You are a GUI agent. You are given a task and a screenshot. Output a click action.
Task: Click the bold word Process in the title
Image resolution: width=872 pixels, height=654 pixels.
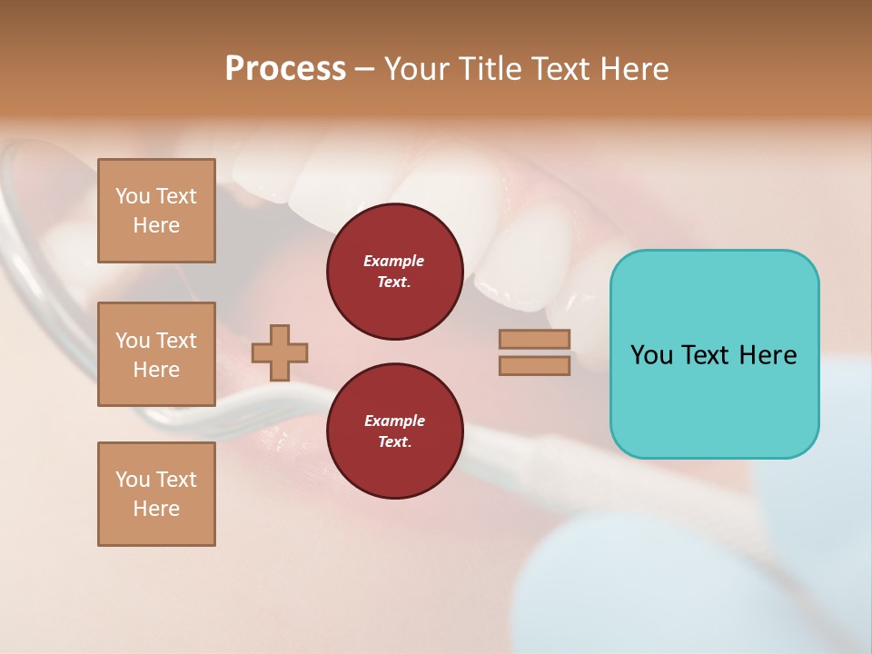pyautogui.click(x=285, y=69)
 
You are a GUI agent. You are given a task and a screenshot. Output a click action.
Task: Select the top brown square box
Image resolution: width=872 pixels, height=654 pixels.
pyautogui.click(x=156, y=211)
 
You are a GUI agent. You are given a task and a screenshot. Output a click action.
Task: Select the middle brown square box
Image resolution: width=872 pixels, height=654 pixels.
pyautogui.click(x=156, y=354)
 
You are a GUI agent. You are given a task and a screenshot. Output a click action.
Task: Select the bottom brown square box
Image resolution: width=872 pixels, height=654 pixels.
pyautogui.click(x=156, y=494)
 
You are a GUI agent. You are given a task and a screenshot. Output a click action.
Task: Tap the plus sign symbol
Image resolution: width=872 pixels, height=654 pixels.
pyautogui.click(x=279, y=352)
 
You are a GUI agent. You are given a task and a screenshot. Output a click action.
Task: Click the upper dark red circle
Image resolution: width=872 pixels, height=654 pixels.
pyautogui.click(x=394, y=272)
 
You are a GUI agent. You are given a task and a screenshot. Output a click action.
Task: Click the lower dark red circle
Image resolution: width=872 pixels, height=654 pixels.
pyautogui.click(x=394, y=431)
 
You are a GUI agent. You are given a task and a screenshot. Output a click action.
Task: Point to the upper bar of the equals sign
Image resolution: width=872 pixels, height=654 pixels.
pyautogui.click(x=534, y=340)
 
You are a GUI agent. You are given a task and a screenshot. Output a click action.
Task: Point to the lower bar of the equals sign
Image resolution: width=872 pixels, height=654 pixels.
pyautogui.click(x=534, y=365)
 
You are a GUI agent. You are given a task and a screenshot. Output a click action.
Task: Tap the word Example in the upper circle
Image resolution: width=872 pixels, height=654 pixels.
pyautogui.click(x=394, y=261)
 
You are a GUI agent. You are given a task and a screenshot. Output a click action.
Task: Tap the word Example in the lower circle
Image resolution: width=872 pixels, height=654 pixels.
pyautogui.click(x=394, y=421)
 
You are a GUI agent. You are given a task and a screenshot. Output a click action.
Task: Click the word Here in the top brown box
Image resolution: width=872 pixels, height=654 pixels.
pyautogui.click(x=156, y=225)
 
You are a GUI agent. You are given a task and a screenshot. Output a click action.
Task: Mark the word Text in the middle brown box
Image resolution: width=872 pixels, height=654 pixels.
pyautogui.click(x=176, y=341)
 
